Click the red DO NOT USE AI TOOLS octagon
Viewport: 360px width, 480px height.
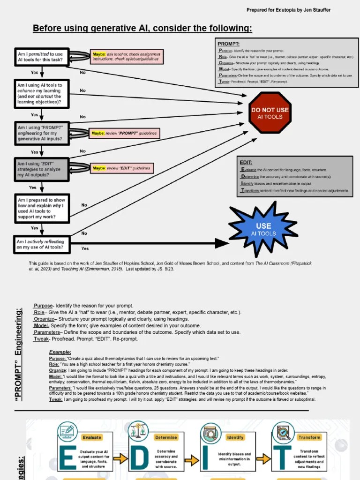tap(270, 112)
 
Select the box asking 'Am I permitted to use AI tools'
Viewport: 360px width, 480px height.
tap(42, 57)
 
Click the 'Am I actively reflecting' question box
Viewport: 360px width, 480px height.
tap(42, 244)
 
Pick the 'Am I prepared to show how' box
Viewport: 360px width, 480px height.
tap(42, 208)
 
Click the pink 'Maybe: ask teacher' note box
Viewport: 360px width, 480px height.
tap(127, 57)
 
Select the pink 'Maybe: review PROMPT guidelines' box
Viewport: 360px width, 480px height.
tap(124, 134)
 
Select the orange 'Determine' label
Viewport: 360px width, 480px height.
tap(166, 437)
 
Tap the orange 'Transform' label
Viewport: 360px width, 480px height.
tap(309, 437)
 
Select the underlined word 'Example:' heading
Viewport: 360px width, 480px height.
tap(60, 352)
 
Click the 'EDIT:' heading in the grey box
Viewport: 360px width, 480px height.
tap(246, 162)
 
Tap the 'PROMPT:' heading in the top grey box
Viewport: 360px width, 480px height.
tap(229, 44)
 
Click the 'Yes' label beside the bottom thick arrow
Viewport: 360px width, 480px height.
tap(85, 248)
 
